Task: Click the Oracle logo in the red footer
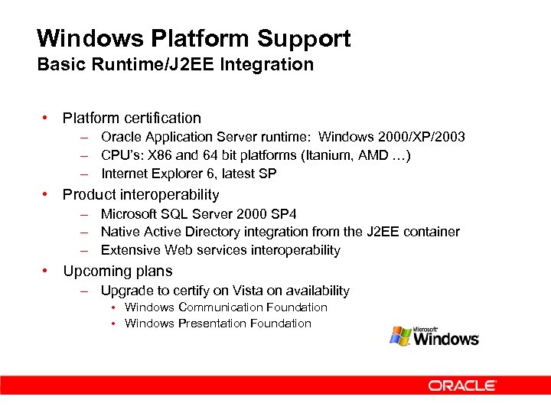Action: coord(462,385)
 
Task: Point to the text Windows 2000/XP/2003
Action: coord(391,137)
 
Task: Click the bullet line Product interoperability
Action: coord(141,194)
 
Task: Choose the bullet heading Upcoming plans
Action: coord(118,271)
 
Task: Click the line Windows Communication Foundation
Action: coord(226,307)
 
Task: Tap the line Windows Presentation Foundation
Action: coord(218,324)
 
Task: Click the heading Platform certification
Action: coord(132,118)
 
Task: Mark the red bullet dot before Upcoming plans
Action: coord(47,271)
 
